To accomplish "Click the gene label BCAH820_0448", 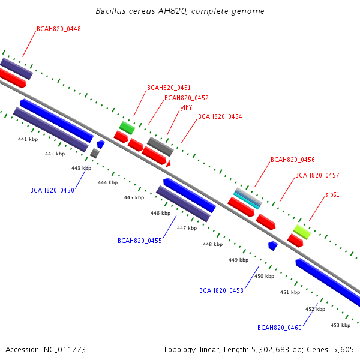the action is pyautogui.click(x=59, y=29).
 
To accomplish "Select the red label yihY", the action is pyautogui.click(x=186, y=107).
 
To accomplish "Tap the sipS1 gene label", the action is pyautogui.click(x=332, y=194).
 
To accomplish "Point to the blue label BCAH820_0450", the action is pyautogui.click(x=52, y=190).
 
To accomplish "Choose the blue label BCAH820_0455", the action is pyautogui.click(x=140, y=241).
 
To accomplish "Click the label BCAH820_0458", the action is pyautogui.click(x=221, y=290).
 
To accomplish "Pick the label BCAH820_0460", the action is pyautogui.click(x=280, y=328).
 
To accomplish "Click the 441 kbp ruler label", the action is pyautogui.click(x=28, y=139).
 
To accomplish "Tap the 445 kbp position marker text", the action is pyautogui.click(x=134, y=197).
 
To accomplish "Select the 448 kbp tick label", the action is pyautogui.click(x=212, y=244).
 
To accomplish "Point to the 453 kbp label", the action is pyautogui.click(x=340, y=325).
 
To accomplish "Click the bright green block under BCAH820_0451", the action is pyautogui.click(x=127, y=128).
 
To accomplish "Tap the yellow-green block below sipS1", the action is pyautogui.click(x=302, y=232).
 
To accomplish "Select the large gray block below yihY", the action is pyautogui.click(x=160, y=146).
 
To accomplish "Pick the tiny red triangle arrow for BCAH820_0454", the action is pyautogui.click(x=168, y=164).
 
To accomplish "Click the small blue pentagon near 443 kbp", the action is pyautogui.click(x=101, y=145).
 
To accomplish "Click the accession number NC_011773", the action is pyautogui.click(x=65, y=350).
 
